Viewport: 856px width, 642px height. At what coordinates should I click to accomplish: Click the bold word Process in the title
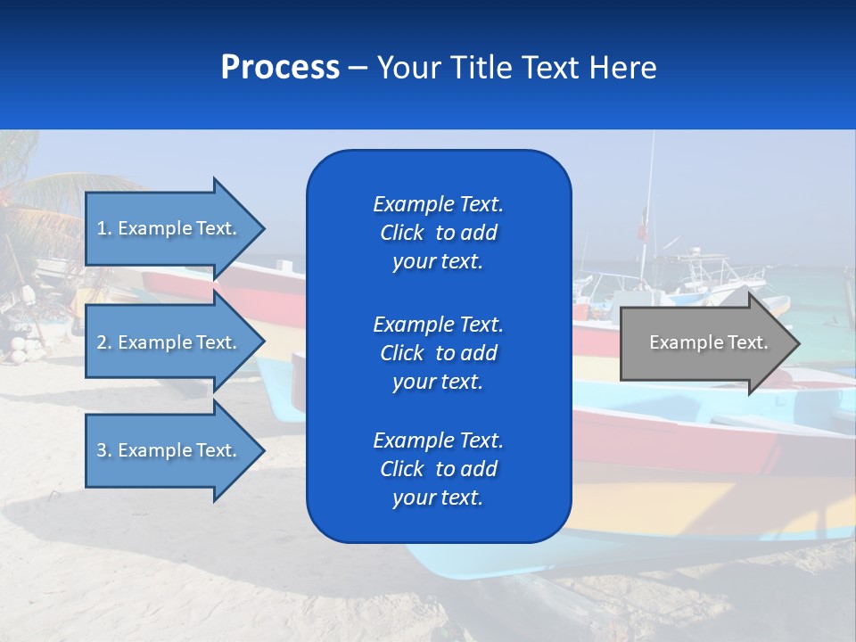click(x=280, y=68)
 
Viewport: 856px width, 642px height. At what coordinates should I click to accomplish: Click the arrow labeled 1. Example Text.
click(x=169, y=228)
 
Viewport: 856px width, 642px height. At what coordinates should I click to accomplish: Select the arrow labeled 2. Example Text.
click(x=169, y=342)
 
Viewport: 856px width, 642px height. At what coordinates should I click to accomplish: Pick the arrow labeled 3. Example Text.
click(x=169, y=450)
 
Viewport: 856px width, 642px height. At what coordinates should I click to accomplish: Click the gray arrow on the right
click(x=704, y=343)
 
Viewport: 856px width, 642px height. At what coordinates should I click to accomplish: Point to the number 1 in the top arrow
click(x=102, y=228)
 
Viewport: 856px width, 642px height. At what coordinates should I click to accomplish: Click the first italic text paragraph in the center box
click(x=438, y=233)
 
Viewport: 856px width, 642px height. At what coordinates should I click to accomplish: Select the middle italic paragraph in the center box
click(x=438, y=353)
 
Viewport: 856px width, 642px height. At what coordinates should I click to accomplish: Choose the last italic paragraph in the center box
click(x=438, y=469)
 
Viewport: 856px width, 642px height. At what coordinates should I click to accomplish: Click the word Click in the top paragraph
click(x=401, y=233)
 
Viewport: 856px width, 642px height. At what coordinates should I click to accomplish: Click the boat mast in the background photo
click(x=649, y=196)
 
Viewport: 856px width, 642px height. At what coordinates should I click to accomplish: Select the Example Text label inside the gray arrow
click(x=708, y=342)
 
